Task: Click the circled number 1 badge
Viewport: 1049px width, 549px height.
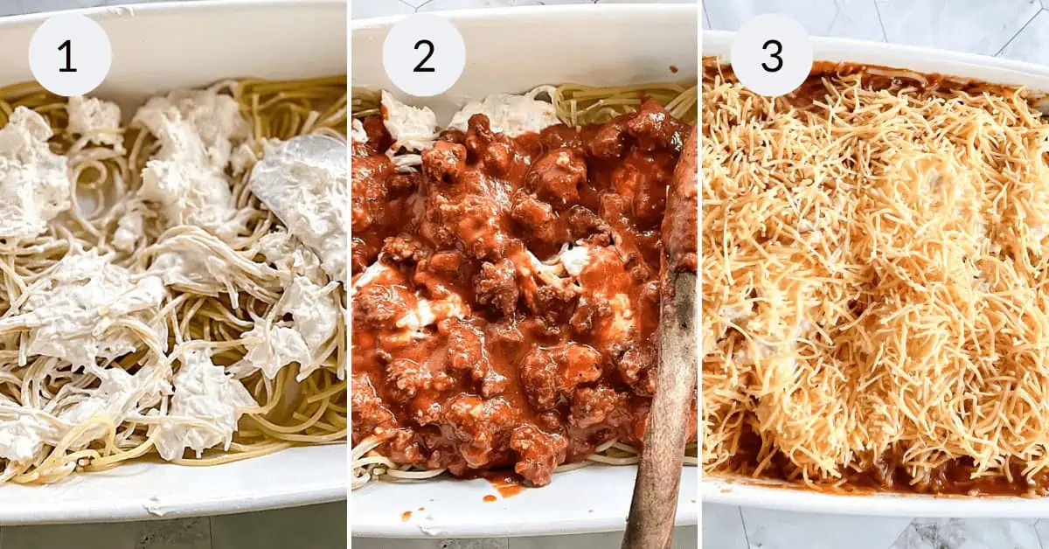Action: pos(69,55)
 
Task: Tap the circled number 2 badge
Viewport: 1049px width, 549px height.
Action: pos(423,55)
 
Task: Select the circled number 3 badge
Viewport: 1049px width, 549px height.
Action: pos(772,55)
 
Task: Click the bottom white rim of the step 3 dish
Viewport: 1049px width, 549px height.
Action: pos(874,504)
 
